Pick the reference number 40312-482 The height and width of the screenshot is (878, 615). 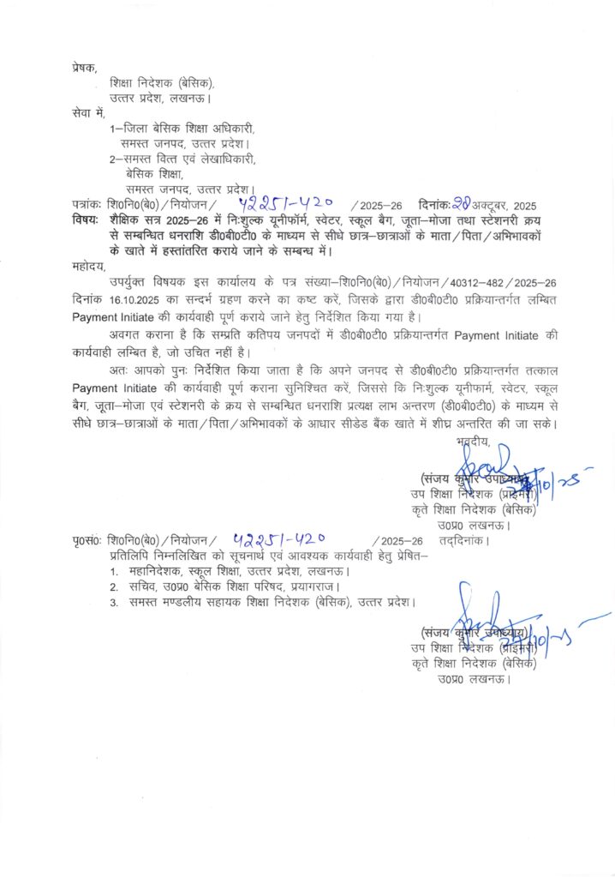coord(463,282)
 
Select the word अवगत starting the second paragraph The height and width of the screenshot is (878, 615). coord(126,334)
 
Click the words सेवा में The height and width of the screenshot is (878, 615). coord(88,112)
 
